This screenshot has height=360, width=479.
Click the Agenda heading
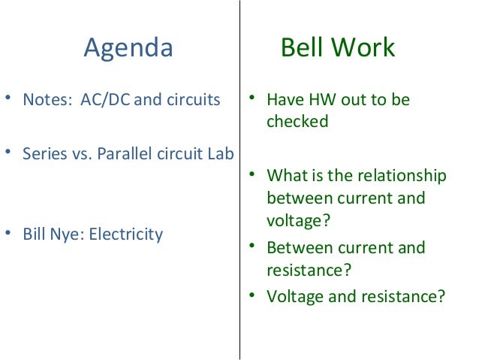[128, 48]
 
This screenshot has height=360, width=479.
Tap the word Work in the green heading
[366, 48]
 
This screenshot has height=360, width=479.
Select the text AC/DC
[105, 100]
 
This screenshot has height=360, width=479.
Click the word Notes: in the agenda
[46, 100]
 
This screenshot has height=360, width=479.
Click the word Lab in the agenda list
[221, 153]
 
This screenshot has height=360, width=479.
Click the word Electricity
[125, 234]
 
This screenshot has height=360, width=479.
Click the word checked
[297, 122]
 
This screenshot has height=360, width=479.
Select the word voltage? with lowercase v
[299, 221]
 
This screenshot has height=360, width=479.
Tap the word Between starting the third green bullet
[297, 248]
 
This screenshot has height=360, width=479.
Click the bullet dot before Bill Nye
[8, 233]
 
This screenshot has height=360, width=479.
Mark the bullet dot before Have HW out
[253, 98]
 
